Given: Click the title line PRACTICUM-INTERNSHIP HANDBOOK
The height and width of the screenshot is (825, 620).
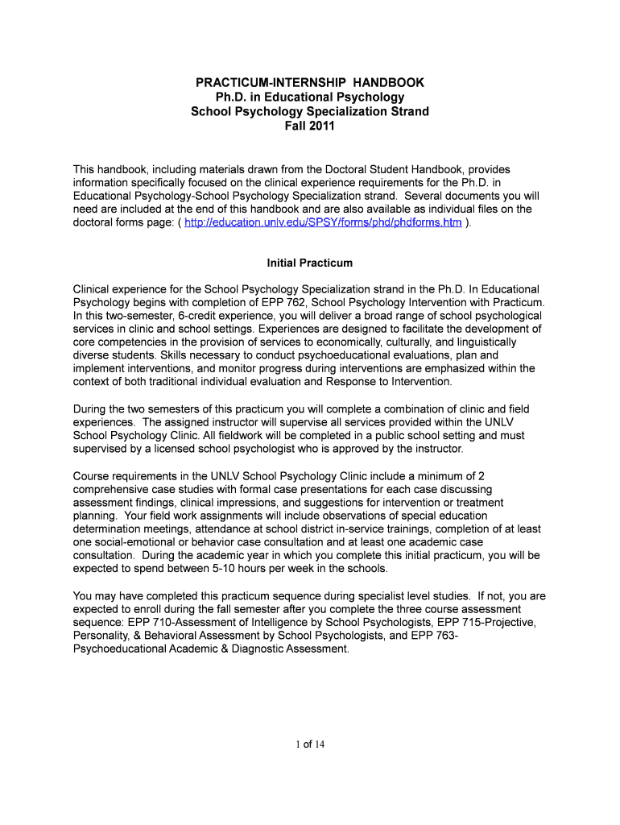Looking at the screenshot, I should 310,82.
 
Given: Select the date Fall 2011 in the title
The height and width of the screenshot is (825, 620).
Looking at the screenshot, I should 310,126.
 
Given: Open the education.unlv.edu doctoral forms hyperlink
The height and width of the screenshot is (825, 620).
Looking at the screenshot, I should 323,222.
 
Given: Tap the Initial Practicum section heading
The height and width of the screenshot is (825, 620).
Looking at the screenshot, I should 310,263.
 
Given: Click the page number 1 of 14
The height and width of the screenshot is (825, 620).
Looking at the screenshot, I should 310,744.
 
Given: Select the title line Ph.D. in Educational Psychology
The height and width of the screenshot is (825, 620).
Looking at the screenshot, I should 310,97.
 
